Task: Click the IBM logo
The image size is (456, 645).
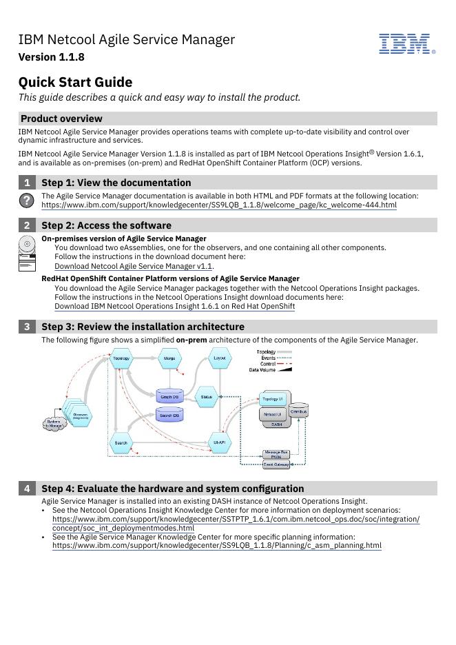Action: [x=406, y=43]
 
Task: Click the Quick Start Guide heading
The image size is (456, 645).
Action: [x=75, y=82]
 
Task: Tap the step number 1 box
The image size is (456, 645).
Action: [x=27, y=183]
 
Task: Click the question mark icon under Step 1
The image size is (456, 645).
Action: [x=26, y=200]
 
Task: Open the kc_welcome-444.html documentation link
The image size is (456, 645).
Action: [x=218, y=205]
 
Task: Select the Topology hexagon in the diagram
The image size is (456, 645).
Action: [x=121, y=358]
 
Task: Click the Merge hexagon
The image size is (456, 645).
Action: [x=169, y=358]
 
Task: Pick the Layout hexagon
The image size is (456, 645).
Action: [x=220, y=358]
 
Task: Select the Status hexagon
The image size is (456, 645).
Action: [x=206, y=397]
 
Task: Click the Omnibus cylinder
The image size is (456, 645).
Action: [x=298, y=411]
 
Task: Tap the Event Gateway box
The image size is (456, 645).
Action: [x=276, y=464]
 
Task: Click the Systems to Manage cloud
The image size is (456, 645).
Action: [x=54, y=424]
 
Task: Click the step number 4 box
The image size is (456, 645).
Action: [x=27, y=489]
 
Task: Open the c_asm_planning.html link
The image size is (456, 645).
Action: [x=216, y=546]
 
